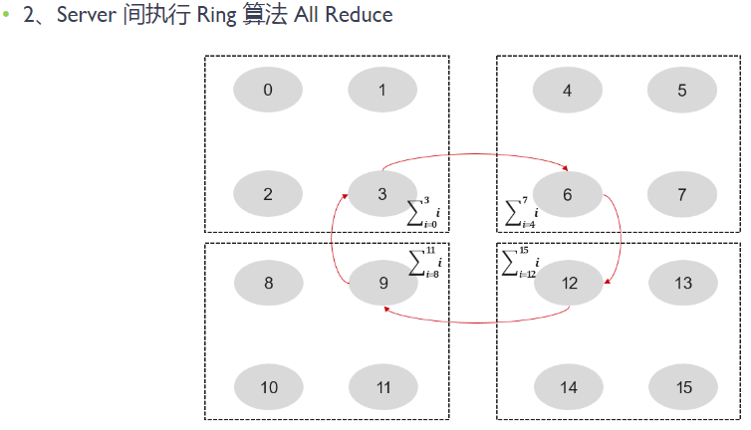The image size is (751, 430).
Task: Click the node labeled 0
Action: tap(268, 91)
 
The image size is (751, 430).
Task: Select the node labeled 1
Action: tap(382, 91)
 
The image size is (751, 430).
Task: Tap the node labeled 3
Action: tap(382, 194)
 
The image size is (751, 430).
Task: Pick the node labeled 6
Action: tap(568, 194)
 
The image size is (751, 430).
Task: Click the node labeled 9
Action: tap(382, 284)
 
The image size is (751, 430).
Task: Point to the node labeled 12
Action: tap(569, 284)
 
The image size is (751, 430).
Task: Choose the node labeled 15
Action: tap(682, 388)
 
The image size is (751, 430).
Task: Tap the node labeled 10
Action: tap(269, 388)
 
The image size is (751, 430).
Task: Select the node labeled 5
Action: tap(682, 91)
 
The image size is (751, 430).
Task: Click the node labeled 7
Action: tap(682, 194)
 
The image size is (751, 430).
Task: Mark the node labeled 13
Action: tap(682, 284)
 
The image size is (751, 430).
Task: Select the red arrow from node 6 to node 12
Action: tap(619, 235)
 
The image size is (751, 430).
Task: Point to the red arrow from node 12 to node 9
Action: tap(478, 322)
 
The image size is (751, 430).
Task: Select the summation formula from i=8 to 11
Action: tap(423, 262)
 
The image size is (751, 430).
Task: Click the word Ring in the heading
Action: tap(213, 16)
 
